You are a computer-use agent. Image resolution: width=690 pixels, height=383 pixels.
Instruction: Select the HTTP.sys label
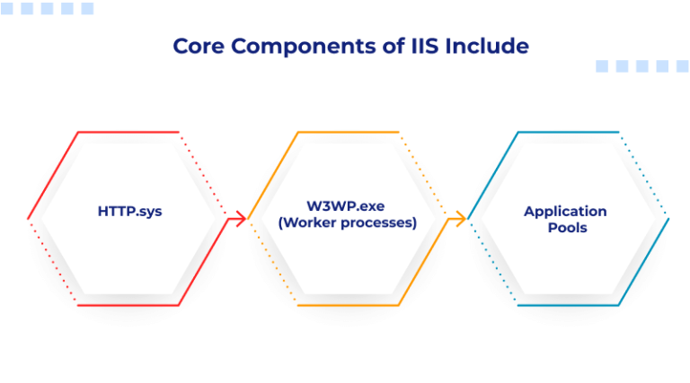click(129, 212)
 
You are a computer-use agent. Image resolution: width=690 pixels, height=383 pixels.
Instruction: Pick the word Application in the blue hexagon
click(565, 212)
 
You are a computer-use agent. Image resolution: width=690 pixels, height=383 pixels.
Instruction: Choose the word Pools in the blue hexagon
click(565, 228)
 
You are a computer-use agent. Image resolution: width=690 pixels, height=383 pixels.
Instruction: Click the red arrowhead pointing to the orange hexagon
click(241, 217)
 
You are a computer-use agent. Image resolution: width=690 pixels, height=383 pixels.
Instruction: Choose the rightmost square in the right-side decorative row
click(683, 66)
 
